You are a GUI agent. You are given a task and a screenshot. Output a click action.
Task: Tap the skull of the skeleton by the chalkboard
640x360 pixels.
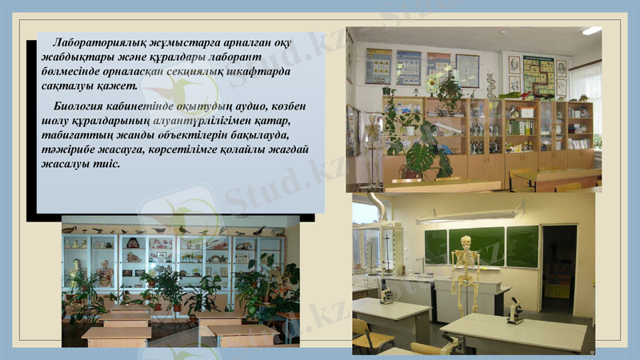pyautogui.click(x=462, y=240)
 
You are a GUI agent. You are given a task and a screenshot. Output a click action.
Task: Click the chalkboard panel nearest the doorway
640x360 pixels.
pyautogui.click(x=522, y=246)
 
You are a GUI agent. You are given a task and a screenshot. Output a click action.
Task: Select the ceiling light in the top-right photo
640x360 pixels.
pyautogui.click(x=591, y=30)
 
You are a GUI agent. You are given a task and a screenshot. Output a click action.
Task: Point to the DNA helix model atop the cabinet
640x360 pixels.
pyautogui.click(x=490, y=84)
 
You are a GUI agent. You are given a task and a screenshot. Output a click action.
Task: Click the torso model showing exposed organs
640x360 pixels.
pyautogui.click(x=106, y=272)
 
